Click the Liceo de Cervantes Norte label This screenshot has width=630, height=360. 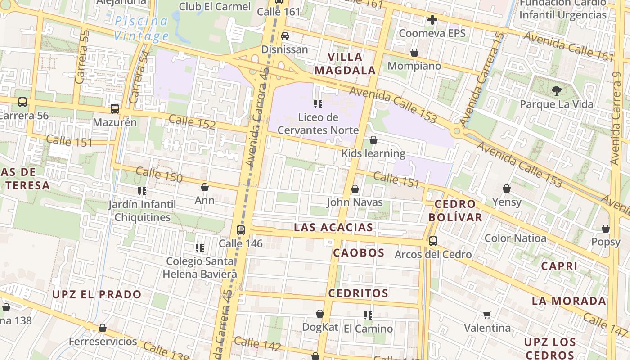point(318,124)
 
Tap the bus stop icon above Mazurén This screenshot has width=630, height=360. point(115,109)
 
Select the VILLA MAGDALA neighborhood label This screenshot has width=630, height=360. point(345,63)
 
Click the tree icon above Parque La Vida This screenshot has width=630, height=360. point(557,91)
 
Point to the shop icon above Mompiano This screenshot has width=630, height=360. point(414,53)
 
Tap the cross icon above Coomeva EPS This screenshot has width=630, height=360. point(432,20)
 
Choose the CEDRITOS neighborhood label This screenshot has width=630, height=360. point(358,293)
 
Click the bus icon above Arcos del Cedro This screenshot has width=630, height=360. point(433,241)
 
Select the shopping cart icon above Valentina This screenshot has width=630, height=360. point(487,315)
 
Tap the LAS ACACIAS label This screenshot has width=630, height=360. point(333,228)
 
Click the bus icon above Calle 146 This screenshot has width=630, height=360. point(241,230)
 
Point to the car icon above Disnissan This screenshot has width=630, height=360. point(285,36)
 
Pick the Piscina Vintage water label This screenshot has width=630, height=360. point(141,28)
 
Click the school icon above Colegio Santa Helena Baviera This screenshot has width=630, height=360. point(200,248)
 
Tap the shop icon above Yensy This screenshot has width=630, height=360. point(507,189)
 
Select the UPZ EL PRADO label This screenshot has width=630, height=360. point(97,295)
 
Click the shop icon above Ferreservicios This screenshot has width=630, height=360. point(103,328)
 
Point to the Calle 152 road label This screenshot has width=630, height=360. point(192,121)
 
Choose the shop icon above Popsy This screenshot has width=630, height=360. point(606,229)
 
